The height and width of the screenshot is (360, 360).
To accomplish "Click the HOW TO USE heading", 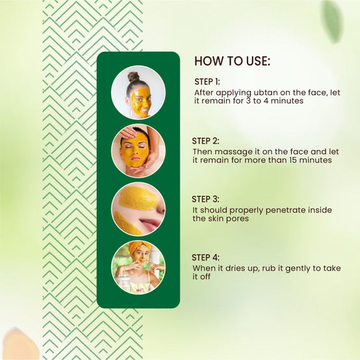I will click(232, 62).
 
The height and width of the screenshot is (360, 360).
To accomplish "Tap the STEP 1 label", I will click(207, 82).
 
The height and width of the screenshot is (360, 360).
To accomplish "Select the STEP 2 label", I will click(205, 140).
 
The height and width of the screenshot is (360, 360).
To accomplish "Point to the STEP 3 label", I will click(205, 199).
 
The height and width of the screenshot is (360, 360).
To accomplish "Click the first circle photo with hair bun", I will click(138, 92).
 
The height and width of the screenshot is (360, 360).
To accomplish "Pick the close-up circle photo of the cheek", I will click(138, 209).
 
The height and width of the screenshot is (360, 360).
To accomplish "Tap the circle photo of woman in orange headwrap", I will click(138, 267).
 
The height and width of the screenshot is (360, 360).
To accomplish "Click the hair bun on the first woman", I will click(133, 77).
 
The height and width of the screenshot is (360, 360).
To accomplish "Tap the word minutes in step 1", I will click(277, 102).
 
